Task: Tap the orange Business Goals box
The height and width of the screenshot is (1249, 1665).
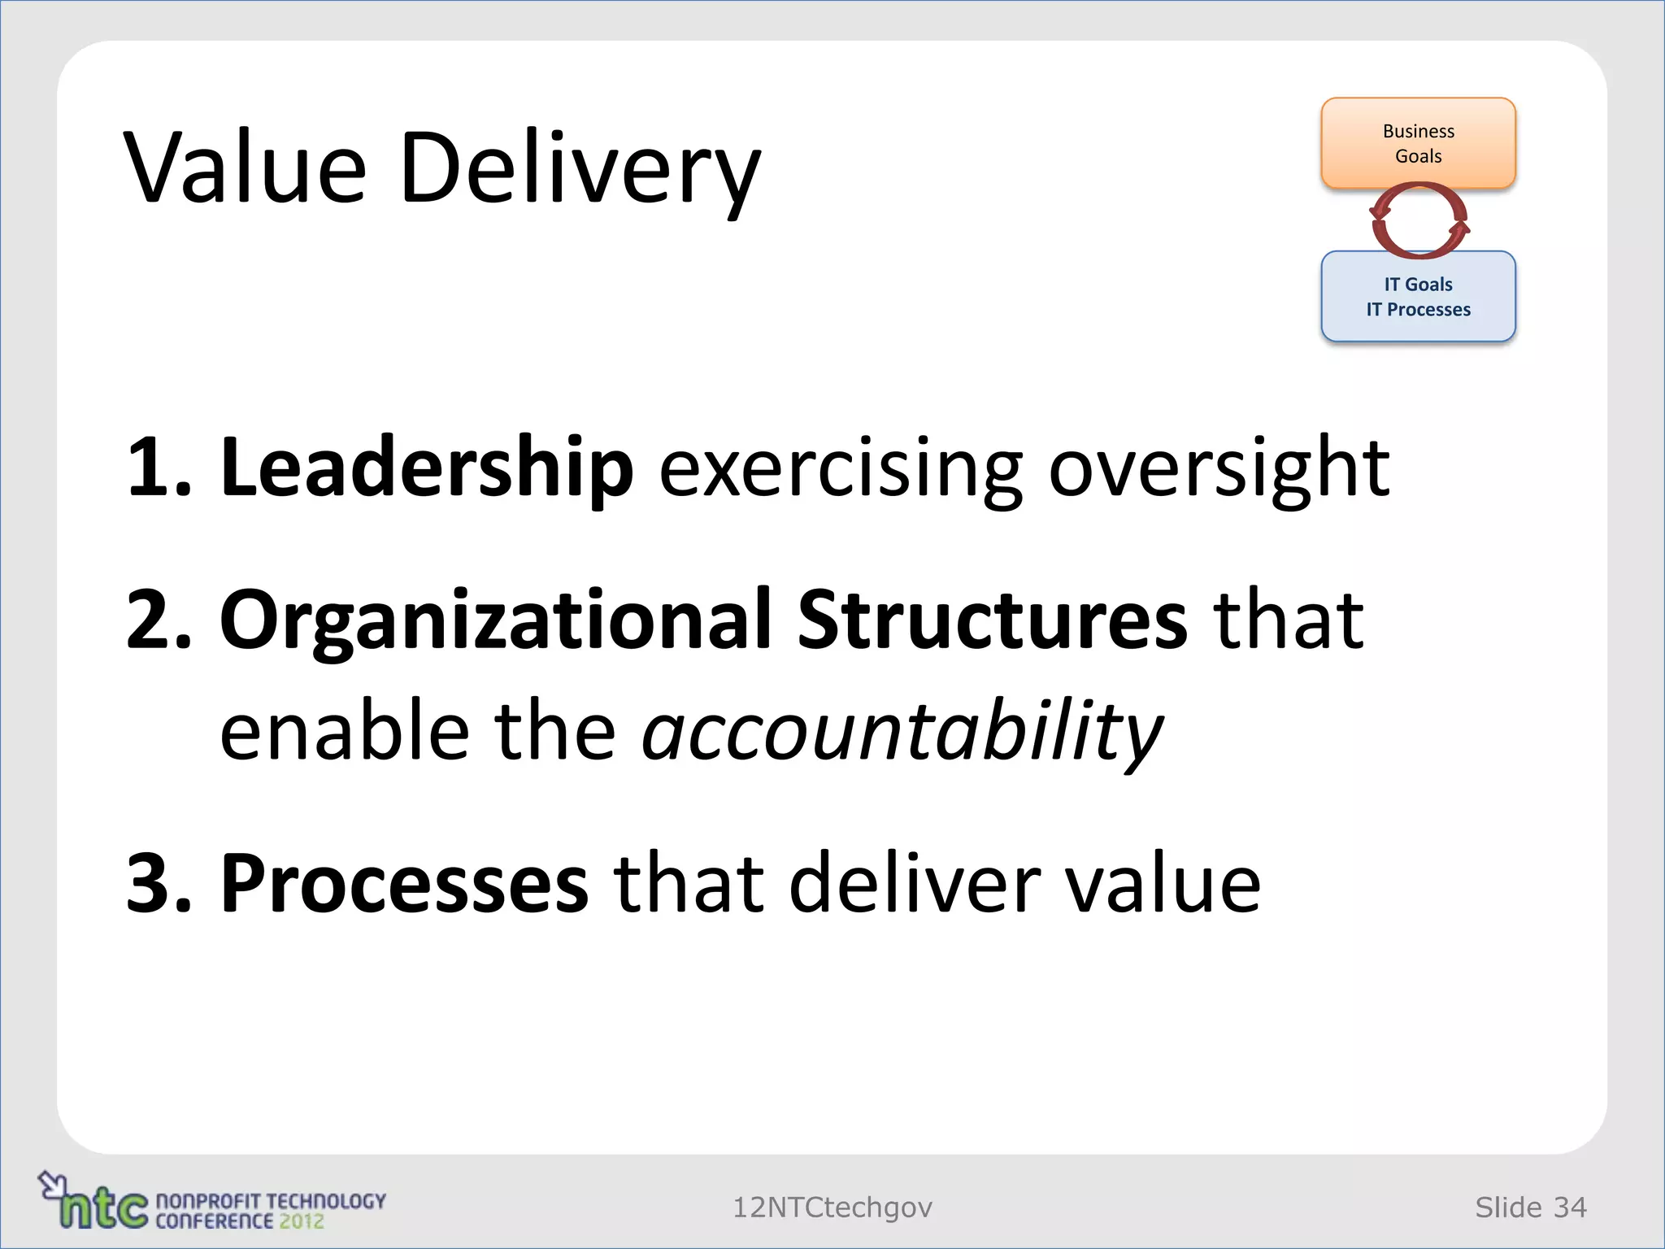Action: coord(1418,143)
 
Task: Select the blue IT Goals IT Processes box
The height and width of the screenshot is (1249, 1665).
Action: coord(1418,297)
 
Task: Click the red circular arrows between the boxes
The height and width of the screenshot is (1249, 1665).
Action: coord(1419,220)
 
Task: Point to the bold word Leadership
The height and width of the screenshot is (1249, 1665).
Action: coord(426,467)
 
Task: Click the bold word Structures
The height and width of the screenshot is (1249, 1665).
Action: coord(992,620)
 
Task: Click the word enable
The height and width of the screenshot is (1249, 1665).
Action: coord(345,730)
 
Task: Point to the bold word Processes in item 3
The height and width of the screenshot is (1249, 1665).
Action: coord(404,883)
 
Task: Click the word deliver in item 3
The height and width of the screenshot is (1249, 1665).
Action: coord(915,883)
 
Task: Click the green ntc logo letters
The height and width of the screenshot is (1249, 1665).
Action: coord(104,1208)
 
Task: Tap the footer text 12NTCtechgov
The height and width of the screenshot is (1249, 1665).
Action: coord(832,1208)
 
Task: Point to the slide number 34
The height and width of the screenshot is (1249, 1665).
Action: coord(1569,1208)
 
